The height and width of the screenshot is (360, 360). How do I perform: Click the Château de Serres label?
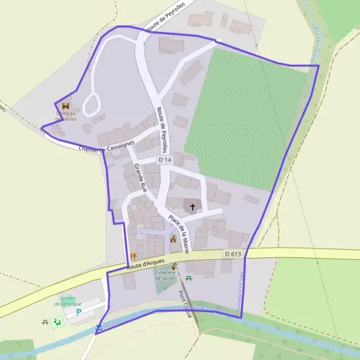(x=67, y=116)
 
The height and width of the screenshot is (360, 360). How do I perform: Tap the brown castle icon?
(x=65, y=106)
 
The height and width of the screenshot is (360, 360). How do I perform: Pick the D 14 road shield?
(x=165, y=160)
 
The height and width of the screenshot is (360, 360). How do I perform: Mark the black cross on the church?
(x=193, y=208)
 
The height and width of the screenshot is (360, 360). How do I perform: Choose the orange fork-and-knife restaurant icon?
(x=133, y=256)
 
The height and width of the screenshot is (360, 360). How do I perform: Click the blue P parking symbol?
(x=78, y=313)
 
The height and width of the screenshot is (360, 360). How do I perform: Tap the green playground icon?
(x=58, y=323)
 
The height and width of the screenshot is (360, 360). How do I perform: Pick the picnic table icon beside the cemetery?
(x=189, y=278)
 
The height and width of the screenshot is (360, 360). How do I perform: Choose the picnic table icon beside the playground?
(x=46, y=323)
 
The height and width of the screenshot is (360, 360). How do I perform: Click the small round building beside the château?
(x=88, y=128)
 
